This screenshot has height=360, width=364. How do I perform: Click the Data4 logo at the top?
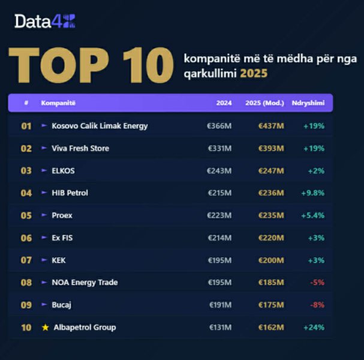coord(45,22)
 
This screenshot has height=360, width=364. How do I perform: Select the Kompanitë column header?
coord(58,103)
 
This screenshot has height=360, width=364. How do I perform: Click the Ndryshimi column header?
coord(308,103)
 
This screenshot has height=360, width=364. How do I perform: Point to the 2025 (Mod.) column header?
coord(264,103)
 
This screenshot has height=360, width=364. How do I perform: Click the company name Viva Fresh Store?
coord(80,148)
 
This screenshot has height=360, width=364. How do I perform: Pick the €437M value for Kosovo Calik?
coord(270,126)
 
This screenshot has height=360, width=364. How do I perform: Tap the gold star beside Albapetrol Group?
coord(45,327)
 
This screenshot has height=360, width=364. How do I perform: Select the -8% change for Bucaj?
coord(317,305)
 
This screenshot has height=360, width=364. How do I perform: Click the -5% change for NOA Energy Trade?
coord(317,283)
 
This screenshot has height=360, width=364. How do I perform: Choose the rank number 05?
coord(26,215)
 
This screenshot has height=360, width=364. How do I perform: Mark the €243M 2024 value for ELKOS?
coord(219,171)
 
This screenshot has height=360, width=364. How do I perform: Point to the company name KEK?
coord(59,260)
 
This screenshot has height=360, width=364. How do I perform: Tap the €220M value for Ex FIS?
coord(270,238)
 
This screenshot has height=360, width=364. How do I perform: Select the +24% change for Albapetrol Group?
coord(314,328)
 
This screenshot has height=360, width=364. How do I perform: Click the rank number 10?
coord(26,328)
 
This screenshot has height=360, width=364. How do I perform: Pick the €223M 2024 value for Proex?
coord(219,215)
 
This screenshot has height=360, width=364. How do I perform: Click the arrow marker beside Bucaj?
coord(44,305)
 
